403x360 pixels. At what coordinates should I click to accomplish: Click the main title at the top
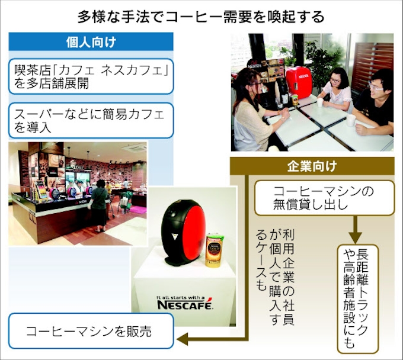click(201, 17)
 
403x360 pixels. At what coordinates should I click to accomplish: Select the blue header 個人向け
click(91, 41)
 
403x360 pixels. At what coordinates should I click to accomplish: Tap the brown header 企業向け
click(312, 166)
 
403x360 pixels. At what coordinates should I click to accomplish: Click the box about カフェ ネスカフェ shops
click(91, 76)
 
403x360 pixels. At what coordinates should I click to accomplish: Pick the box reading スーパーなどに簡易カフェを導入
click(91, 120)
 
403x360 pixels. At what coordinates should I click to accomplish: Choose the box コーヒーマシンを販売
click(91, 331)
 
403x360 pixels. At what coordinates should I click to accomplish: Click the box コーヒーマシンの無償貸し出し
click(324, 198)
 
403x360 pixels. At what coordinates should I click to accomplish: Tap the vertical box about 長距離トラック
click(358, 299)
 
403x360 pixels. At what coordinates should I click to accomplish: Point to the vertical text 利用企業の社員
click(289, 277)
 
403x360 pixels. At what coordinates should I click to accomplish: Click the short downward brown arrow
click(356, 229)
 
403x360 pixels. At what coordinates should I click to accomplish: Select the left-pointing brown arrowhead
click(183, 339)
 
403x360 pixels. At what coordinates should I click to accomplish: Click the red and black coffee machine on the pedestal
click(181, 233)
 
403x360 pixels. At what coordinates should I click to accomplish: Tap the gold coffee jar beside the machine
click(213, 250)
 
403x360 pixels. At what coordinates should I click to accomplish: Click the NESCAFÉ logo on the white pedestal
click(185, 305)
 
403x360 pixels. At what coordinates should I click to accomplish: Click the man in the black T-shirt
click(373, 102)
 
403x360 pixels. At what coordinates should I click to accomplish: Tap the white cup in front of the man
click(351, 120)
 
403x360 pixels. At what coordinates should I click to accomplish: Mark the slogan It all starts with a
click(181, 298)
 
